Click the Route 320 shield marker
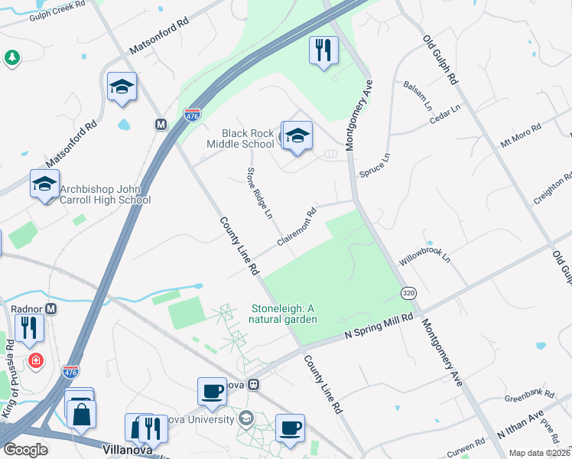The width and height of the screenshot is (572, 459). [409, 293]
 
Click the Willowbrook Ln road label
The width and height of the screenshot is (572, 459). [425, 255]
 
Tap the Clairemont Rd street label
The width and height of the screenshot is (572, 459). [297, 228]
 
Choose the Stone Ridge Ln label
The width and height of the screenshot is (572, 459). [258, 192]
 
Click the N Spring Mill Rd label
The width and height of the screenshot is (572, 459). [379, 325]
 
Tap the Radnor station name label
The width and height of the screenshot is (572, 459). [26, 309]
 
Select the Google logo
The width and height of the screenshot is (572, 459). [25, 450]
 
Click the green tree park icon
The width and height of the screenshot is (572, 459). [11, 57]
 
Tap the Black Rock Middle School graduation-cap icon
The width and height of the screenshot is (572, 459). [297, 136]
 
